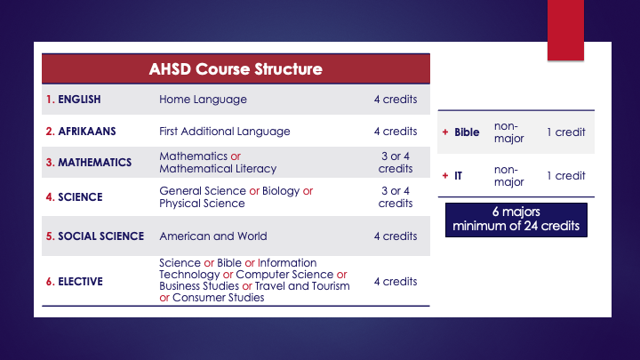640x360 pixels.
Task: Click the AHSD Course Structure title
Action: point(236,68)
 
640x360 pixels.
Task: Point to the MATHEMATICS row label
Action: point(89,163)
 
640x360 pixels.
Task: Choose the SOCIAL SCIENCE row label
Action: point(94,236)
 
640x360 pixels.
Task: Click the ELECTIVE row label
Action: point(75,282)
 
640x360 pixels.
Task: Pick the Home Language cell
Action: point(203,100)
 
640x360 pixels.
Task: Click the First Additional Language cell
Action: point(225,132)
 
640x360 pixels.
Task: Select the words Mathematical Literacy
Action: point(218,169)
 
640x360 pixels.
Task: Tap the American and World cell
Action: point(213,236)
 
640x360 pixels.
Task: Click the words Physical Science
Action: point(202,203)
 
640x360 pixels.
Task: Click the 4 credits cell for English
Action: point(396,100)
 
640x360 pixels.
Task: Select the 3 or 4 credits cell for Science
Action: point(396,196)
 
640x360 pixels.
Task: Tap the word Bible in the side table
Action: point(467,132)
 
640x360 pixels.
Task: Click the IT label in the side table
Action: point(459,176)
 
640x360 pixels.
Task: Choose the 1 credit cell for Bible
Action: point(565,132)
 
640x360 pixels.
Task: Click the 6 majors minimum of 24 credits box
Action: point(516,219)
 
